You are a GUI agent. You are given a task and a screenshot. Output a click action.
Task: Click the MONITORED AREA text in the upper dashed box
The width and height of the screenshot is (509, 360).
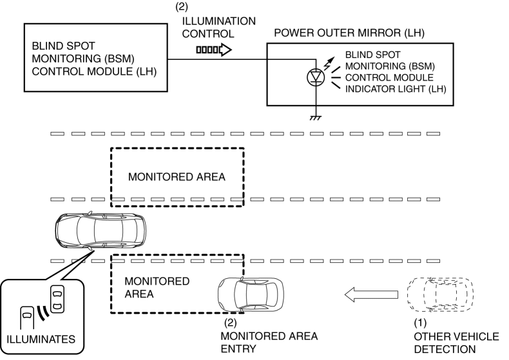pyautogui.click(x=177, y=177)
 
